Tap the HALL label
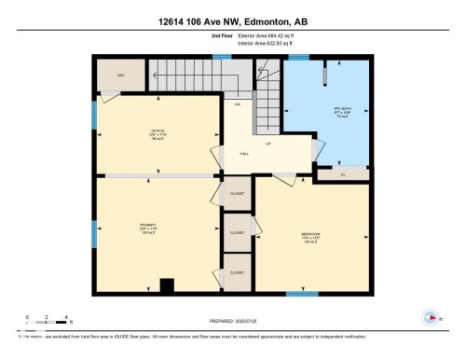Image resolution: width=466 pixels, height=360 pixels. click(244, 154)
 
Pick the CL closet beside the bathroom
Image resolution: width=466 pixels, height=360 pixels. click(343, 173)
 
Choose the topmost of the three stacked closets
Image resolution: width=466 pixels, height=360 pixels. click(237, 194)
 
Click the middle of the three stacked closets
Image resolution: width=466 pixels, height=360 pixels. click(237, 231)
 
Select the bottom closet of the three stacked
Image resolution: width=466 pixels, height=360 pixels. click(237, 271)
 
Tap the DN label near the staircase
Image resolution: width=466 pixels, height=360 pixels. click(237, 104)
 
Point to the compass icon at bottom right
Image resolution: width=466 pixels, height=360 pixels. click(432, 318)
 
